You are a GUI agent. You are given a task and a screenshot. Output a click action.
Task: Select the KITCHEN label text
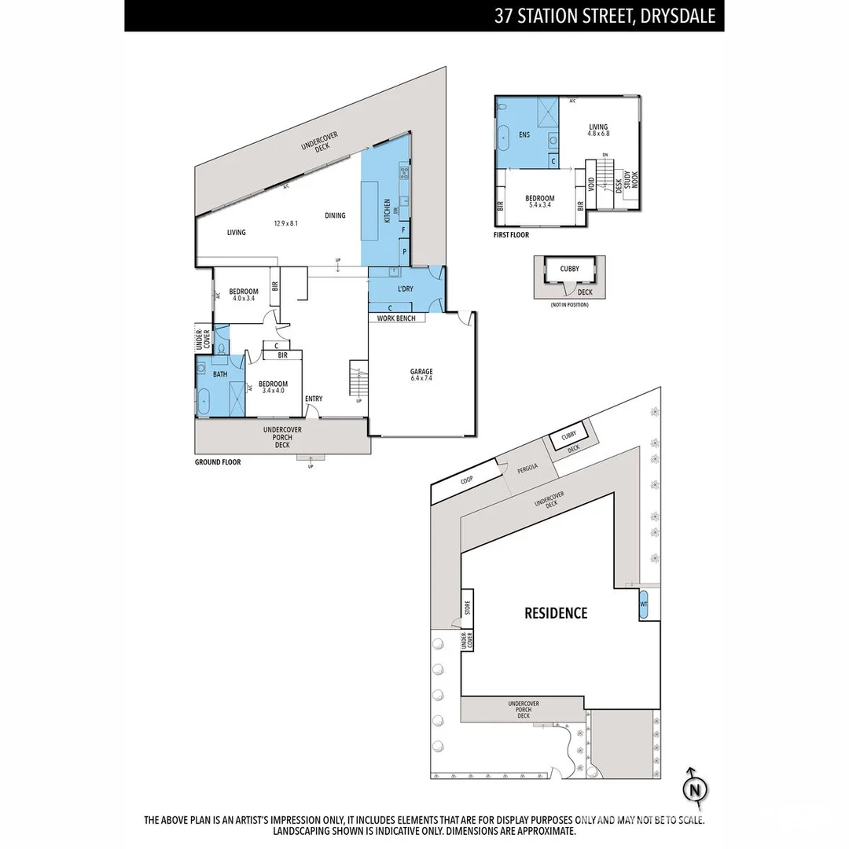click(387, 211)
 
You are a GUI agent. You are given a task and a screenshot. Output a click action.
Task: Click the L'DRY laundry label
click(405, 289)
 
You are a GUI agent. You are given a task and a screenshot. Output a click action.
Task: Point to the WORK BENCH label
click(397, 318)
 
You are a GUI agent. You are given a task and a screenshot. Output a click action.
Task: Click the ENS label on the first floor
click(524, 135)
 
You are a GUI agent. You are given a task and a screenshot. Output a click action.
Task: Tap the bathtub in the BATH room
click(204, 401)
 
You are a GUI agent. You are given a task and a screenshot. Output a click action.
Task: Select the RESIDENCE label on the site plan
click(556, 613)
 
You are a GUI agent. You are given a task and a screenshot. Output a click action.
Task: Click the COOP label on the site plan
click(467, 479)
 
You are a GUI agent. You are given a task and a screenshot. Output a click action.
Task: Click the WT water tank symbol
click(644, 605)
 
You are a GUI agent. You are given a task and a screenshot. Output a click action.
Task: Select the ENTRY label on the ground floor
click(314, 399)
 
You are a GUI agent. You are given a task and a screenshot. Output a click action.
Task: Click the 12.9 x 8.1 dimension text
click(285, 223)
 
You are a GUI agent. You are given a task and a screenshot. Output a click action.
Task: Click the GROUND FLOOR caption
click(218, 462)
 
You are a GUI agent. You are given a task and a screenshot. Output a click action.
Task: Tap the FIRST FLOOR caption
click(512, 235)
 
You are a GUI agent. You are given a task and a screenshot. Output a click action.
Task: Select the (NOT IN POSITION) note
click(569, 305)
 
